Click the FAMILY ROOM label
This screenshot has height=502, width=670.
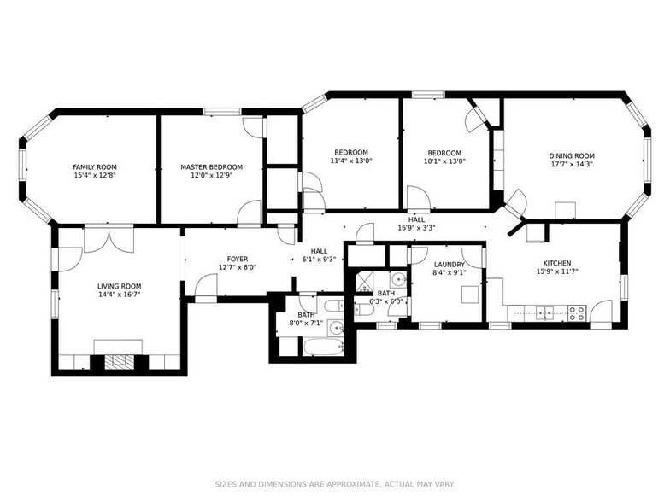point(95,167)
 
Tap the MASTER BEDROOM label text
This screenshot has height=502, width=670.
point(211,167)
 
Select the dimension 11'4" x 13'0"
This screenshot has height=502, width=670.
point(351,161)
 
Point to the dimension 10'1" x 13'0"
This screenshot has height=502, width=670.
point(444,161)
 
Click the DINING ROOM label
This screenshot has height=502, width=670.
point(572,156)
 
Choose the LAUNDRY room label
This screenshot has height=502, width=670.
point(449,265)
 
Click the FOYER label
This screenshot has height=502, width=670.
point(238,259)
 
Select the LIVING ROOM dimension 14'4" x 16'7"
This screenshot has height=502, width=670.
point(119,295)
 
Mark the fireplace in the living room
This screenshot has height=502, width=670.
point(119,360)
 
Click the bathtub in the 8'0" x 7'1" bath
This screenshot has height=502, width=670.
point(328,347)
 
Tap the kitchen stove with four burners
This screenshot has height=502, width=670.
point(577,313)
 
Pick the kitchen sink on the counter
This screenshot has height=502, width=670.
point(544,312)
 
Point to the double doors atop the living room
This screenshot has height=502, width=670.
point(109,238)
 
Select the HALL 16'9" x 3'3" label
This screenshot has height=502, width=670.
point(416,225)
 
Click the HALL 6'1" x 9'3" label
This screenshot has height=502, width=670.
point(318,255)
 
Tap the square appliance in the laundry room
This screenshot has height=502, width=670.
point(469,295)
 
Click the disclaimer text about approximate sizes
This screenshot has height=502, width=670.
point(334,482)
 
